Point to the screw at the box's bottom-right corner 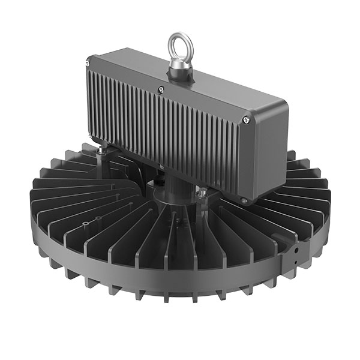point(243,200)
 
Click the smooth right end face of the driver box point(268,153)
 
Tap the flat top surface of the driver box point(180,84)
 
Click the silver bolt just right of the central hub point(202,193)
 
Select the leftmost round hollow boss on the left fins point(86,223)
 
